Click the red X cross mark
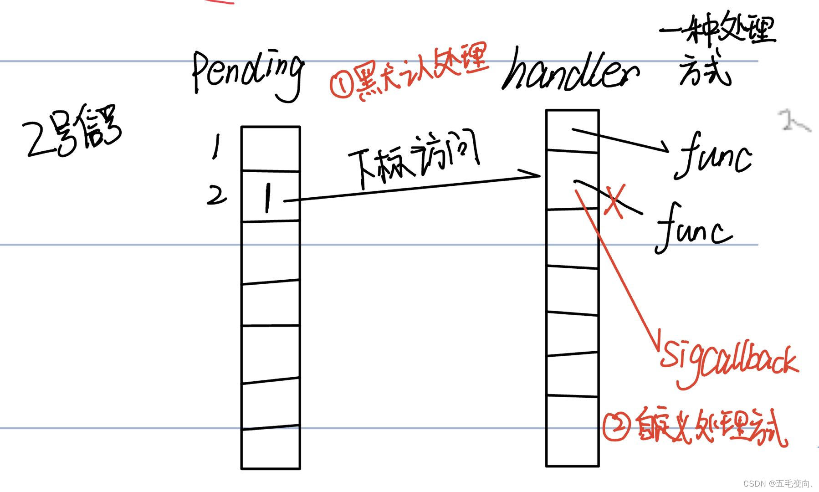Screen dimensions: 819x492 (x=614, y=201)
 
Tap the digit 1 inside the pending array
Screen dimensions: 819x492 (x=268, y=198)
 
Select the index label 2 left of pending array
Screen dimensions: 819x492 (x=216, y=195)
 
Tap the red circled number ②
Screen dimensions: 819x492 (x=616, y=426)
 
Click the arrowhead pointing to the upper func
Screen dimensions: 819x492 (x=663, y=148)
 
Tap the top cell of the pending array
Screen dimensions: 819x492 (x=271, y=149)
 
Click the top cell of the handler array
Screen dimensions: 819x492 (x=572, y=130)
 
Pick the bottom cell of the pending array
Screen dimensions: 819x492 (x=271, y=448)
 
